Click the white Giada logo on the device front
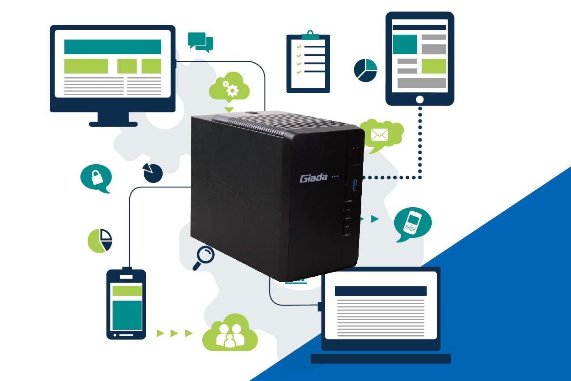(313, 178)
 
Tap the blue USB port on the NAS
(356, 186)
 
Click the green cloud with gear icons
(229, 87)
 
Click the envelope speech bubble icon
(380, 134)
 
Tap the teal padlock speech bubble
(96, 178)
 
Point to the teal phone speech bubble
(412, 223)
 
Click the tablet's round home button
(420, 99)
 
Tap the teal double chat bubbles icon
(201, 41)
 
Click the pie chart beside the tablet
(365, 70)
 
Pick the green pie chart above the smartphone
(100, 240)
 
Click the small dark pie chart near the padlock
(153, 173)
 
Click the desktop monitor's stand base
(113, 123)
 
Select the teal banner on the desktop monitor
(112, 47)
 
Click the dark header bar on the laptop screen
(381, 291)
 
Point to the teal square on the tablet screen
(405, 44)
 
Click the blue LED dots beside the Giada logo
(335, 176)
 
